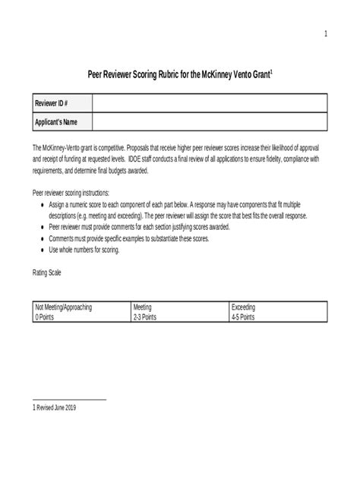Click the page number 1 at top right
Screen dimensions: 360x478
click(x=325, y=34)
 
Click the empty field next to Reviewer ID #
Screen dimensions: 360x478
click(x=210, y=103)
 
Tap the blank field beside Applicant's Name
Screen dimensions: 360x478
click(x=210, y=121)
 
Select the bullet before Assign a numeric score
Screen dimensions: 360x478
click(x=41, y=206)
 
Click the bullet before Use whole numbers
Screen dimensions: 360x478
click(x=41, y=249)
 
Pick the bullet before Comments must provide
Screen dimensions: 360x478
click(x=41, y=238)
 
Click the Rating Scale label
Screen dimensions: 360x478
click(x=46, y=271)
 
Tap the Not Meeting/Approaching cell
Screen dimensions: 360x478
click(x=64, y=307)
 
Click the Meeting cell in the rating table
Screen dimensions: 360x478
click(x=143, y=307)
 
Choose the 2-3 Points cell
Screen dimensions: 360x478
click(x=145, y=317)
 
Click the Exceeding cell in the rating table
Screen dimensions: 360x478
click(x=244, y=307)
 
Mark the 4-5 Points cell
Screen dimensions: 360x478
click(x=243, y=317)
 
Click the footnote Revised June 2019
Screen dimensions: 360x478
click(x=55, y=407)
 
